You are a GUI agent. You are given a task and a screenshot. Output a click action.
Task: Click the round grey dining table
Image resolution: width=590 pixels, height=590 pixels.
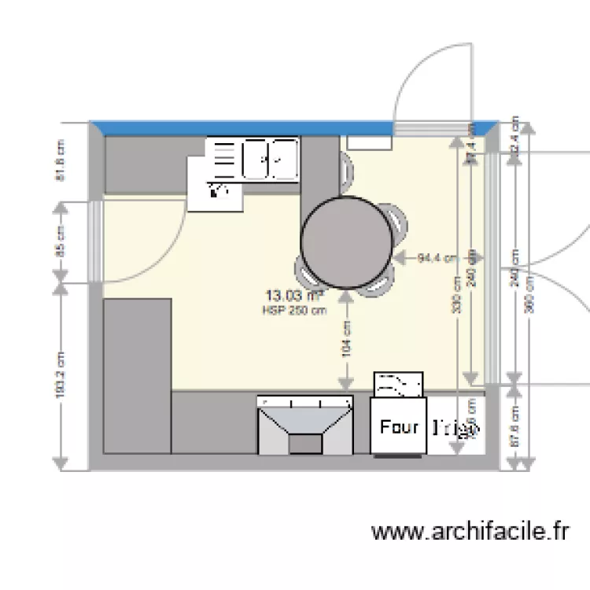pos(346,242)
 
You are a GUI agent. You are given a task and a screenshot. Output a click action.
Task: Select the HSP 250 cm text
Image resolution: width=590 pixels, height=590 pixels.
pos(294,310)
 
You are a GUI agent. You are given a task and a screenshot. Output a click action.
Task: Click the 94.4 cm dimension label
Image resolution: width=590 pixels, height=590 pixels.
pos(437,257)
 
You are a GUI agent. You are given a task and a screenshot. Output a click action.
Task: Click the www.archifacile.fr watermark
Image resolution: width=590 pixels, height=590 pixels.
pos(470,533)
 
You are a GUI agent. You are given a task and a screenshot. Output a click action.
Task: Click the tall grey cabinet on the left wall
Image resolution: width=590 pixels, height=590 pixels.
pos(137,375)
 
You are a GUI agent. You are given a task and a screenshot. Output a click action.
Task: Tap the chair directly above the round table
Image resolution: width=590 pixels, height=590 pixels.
pos(345,169)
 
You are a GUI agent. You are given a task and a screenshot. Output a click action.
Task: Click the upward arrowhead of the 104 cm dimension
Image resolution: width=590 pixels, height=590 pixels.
pos(346,295)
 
